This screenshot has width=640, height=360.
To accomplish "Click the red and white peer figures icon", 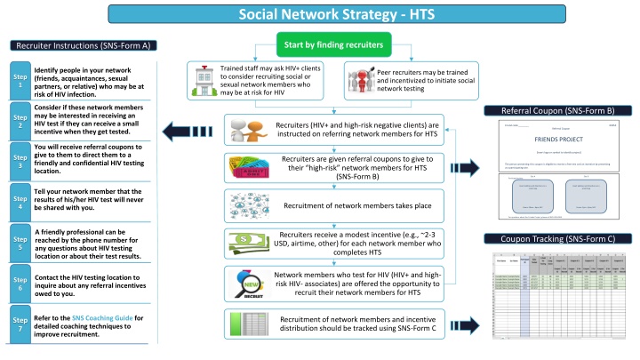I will point(361,81).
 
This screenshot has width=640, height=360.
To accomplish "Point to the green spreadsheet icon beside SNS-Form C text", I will point(246,324).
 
